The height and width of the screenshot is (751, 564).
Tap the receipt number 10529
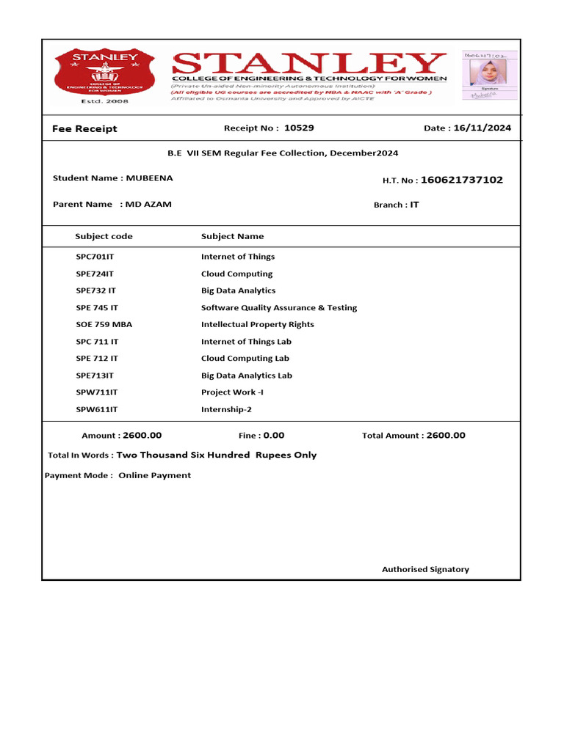click(299, 128)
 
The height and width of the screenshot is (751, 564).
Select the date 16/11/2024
click(482, 128)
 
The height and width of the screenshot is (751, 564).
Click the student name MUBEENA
click(150, 178)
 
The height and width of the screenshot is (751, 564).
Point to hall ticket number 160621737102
click(462, 180)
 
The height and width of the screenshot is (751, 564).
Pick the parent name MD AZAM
click(148, 204)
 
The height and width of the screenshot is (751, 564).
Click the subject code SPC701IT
click(95, 257)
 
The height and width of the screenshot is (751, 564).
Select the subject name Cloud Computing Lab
click(245, 359)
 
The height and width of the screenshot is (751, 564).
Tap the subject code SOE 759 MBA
click(104, 324)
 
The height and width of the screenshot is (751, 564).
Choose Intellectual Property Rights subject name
click(258, 324)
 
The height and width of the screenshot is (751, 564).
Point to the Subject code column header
click(104, 236)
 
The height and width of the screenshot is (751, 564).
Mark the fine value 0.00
click(274, 435)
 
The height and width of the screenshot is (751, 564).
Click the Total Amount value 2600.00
click(446, 435)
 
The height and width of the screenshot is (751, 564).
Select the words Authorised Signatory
click(425, 569)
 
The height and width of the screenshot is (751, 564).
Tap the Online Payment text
click(155, 475)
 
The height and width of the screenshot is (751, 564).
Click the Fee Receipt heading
click(84, 128)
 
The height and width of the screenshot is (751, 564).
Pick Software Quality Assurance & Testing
click(279, 308)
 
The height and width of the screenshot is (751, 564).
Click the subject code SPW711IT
click(97, 392)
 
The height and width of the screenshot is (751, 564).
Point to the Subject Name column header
click(233, 236)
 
